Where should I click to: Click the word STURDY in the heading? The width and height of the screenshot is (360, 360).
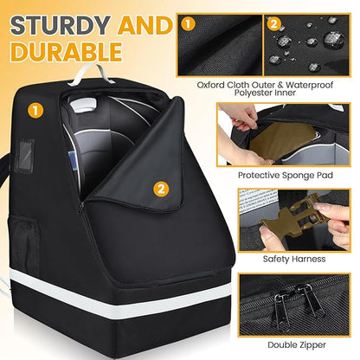61,25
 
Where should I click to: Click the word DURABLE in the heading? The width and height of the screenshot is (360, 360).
67,52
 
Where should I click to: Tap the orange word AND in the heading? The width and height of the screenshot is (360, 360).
145,25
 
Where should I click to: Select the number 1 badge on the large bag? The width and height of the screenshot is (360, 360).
35,111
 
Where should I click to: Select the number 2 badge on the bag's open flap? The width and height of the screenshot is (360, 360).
161,189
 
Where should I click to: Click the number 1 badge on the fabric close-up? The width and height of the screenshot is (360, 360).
188,24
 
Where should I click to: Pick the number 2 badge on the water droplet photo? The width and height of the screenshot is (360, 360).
273,24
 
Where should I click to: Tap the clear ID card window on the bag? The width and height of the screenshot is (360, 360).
25,156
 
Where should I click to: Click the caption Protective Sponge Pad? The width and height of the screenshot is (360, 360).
285,176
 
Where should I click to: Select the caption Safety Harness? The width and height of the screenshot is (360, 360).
294,259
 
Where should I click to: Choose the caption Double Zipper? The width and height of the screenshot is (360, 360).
297,344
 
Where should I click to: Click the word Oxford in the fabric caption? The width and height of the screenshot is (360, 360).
210,85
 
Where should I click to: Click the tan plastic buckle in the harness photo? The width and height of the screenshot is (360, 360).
292,215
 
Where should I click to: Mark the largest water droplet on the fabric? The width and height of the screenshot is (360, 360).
334,39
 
